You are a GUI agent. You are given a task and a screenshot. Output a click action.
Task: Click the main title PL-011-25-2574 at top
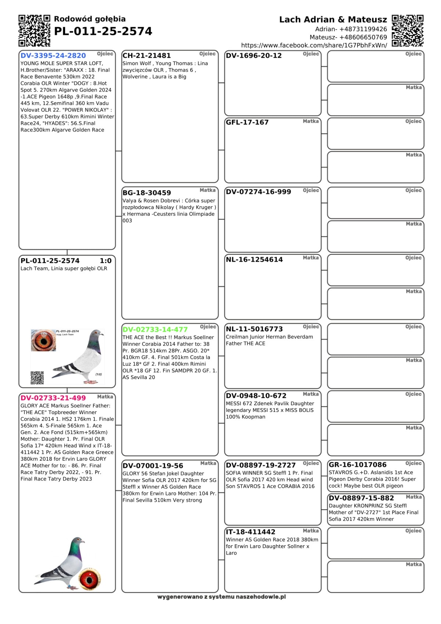(103, 31)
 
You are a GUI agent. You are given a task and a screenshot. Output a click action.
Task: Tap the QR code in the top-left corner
(34, 31)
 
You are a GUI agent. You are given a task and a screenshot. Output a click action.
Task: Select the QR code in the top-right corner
(408, 31)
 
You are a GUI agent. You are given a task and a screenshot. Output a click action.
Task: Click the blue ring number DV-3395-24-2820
(53, 56)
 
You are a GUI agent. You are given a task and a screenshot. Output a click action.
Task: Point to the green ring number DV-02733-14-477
(155, 329)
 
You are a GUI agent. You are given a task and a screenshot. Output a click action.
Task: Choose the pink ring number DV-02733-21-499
(53, 398)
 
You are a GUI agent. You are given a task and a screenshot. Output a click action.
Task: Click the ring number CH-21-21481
(147, 56)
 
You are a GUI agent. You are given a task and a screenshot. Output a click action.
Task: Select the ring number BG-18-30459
(147, 193)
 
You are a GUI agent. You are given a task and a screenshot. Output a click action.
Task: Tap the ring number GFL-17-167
(247, 122)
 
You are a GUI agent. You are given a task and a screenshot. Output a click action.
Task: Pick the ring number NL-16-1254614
(254, 259)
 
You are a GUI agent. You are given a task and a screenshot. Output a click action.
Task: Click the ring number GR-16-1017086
(358, 464)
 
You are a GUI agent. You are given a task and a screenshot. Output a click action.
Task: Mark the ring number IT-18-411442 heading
(251, 532)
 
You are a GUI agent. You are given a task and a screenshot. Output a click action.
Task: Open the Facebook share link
(314, 45)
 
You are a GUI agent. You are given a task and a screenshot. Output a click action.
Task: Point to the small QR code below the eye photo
(37, 378)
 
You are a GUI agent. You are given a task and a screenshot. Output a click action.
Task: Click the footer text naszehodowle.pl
(261, 597)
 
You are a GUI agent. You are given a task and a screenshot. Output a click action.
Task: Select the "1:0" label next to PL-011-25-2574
(105, 261)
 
